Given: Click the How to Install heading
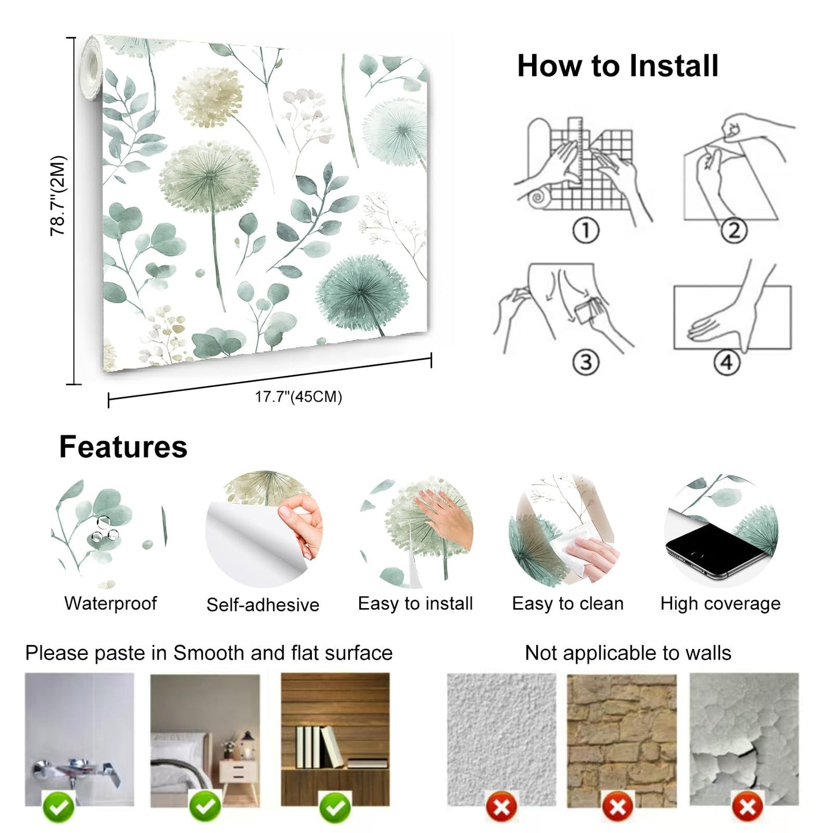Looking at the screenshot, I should (617, 66).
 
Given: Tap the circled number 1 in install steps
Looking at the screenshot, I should (586, 231).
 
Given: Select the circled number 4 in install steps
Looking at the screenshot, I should (726, 363).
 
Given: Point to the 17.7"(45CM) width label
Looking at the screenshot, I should (299, 397).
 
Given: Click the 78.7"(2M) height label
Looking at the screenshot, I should (58, 196).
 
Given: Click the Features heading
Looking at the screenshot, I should (123, 447).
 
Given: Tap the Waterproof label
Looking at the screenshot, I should (111, 604).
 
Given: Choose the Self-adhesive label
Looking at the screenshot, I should (263, 605).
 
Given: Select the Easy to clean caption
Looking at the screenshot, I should (568, 604).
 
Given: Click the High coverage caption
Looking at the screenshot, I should (721, 604).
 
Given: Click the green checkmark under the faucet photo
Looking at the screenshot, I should (58, 807).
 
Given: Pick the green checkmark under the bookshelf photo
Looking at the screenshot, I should (336, 807).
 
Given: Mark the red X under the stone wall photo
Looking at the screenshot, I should (618, 807).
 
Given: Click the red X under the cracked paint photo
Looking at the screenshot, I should (748, 807).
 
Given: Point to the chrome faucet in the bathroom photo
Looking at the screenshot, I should (75, 770).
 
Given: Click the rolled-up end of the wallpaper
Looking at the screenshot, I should (91, 68).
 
